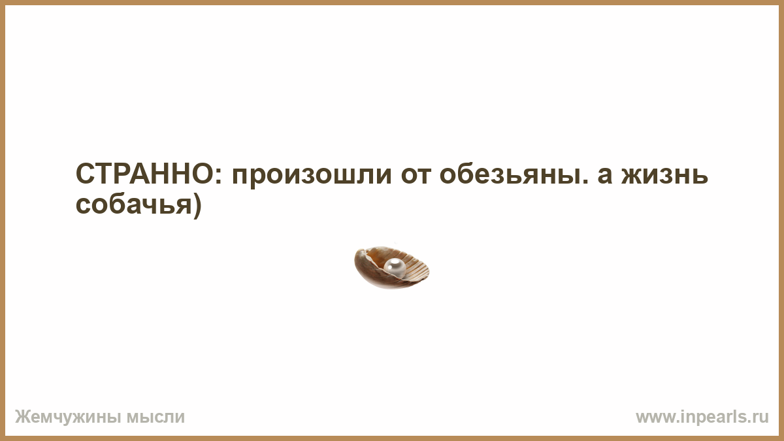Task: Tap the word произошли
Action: pos(312,177)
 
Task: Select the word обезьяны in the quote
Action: pos(509,174)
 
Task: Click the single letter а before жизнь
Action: pos(605,176)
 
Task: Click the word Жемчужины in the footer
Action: pos(67,417)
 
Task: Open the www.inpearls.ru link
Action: pos(702,417)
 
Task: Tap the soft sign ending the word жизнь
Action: pos(700,176)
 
